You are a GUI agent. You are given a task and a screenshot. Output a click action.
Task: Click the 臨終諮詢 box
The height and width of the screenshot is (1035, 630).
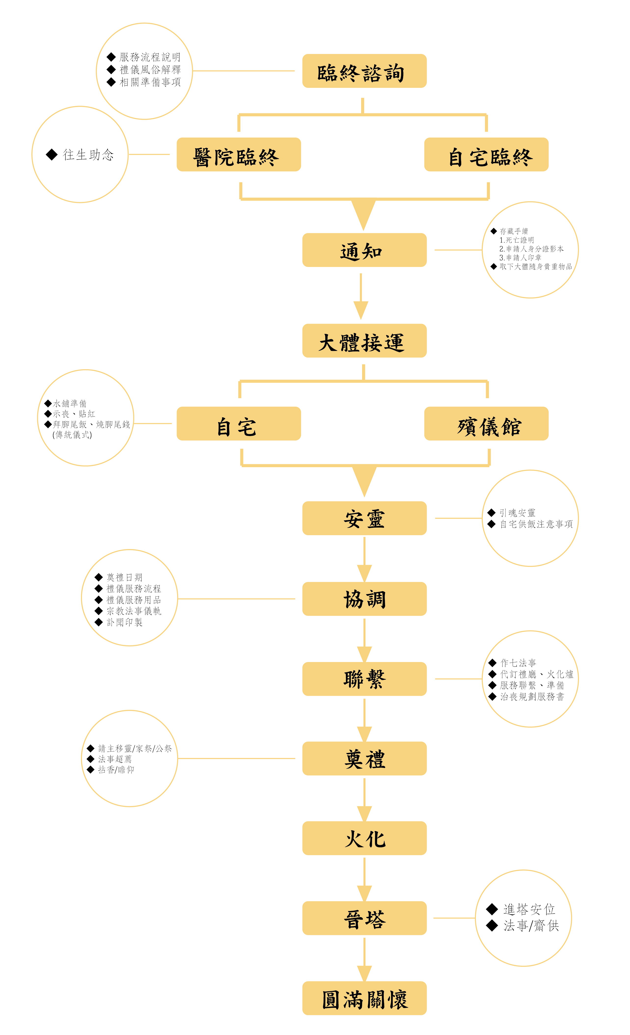[364, 71]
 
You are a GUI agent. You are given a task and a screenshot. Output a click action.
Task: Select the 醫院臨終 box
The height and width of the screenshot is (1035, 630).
[238, 155]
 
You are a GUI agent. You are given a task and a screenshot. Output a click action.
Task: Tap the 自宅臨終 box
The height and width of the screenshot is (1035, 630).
[486, 155]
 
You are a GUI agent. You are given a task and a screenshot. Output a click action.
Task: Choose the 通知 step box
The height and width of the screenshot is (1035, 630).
[364, 250]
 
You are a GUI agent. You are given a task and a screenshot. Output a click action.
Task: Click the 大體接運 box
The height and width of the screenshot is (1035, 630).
[364, 341]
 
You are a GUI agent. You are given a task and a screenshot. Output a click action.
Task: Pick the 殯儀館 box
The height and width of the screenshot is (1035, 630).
[486, 424]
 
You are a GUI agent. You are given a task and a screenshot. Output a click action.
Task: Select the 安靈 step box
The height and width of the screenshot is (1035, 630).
[364, 518]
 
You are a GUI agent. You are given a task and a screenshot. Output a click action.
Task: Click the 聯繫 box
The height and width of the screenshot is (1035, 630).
[364, 679]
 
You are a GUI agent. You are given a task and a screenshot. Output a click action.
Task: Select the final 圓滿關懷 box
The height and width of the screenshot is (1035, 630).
[364, 998]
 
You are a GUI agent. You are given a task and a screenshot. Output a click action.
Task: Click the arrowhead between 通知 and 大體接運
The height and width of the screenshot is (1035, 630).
[361, 310]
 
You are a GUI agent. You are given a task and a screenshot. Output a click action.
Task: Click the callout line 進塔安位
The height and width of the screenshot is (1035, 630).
[529, 909]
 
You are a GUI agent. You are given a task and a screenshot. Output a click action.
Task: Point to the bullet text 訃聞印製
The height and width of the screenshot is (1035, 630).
[124, 622]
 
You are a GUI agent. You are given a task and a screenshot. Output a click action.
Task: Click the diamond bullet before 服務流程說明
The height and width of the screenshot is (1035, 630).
[111, 57]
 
